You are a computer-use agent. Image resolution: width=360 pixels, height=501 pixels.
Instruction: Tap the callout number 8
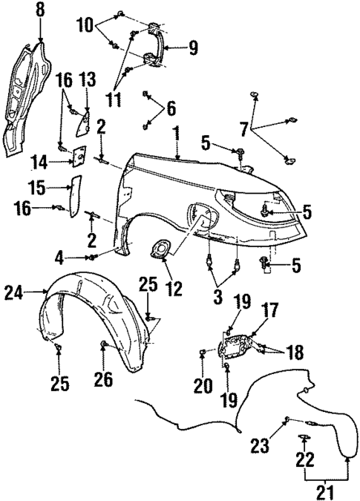pyautogui.click(x=40, y=11)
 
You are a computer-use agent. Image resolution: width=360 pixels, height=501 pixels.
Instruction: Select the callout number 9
pyautogui.click(x=192, y=50)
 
